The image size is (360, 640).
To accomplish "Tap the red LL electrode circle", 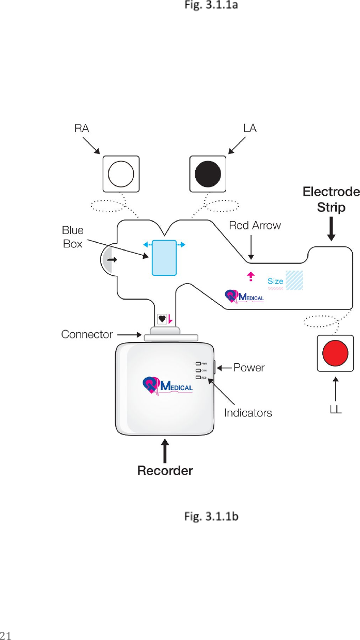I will [x=336, y=353].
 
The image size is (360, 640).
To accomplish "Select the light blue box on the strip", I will [x=164, y=257].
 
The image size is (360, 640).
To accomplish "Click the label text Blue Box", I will [x=73, y=237].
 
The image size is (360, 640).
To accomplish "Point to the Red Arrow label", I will [x=255, y=225].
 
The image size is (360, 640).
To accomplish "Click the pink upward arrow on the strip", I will [x=251, y=276].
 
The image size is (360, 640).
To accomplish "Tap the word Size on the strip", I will [x=275, y=282].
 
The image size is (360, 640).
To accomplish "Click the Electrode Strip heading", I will [x=331, y=200].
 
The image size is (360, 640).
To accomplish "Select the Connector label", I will [x=87, y=335].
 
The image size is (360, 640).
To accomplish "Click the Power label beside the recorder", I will [x=249, y=368].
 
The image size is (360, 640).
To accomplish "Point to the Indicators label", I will [x=248, y=413].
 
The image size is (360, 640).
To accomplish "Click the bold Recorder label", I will [x=165, y=471].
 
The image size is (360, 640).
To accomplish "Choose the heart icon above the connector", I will [x=162, y=319].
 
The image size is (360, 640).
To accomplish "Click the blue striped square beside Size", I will [x=294, y=279].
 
